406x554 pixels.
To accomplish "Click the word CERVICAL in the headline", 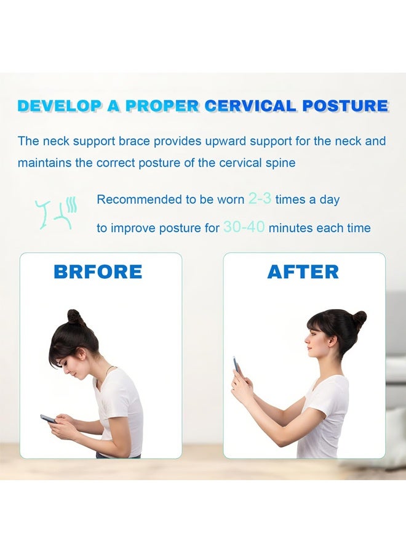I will coord(251,105).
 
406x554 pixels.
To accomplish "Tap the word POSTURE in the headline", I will coord(345,105).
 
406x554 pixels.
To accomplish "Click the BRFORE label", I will coord(98,271).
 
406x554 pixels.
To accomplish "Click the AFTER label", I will coord(303,271).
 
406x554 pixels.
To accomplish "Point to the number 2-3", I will coord(259,199).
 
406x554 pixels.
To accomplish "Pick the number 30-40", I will coord(244,227).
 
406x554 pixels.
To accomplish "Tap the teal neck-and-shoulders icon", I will coord(56,211).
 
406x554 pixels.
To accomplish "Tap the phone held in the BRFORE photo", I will coord(48,419).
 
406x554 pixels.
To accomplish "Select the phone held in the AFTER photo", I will coord(237,366).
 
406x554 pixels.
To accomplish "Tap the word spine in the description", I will coord(281,164).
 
